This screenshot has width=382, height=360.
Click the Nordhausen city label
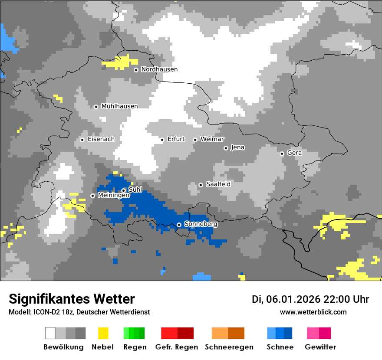[159, 69]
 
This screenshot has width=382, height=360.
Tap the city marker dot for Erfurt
[162, 140]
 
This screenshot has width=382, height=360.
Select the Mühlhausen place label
[119, 106]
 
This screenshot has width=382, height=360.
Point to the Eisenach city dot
[82, 140]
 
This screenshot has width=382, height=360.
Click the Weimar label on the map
[212, 139]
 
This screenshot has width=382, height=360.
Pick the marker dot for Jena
[226, 148]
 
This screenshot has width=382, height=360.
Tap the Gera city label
[294, 153]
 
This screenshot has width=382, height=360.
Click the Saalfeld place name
[218, 184]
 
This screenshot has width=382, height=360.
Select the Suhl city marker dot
[123, 190]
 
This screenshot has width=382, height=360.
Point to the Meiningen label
[113, 196]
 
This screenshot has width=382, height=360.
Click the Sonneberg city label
[201, 224]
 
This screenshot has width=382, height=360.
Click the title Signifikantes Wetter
[72, 299]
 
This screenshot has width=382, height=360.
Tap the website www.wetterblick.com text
[313, 312]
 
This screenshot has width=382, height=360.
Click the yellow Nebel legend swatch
[103, 333]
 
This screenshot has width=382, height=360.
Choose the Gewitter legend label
[320, 347]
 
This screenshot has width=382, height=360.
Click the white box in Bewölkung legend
[50, 333]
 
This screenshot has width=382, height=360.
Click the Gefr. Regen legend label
[177, 347]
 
